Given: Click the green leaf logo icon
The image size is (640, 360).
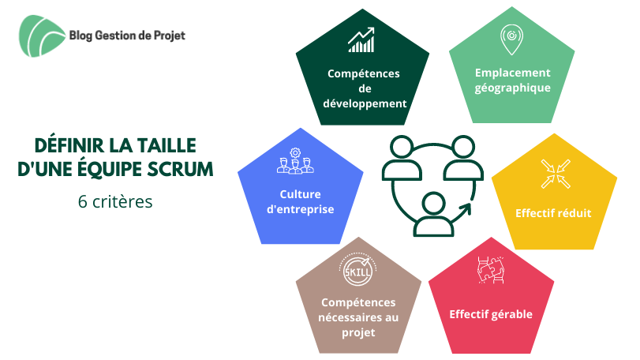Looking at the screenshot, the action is click(x=42, y=36).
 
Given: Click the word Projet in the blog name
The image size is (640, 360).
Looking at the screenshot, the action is click(x=170, y=36).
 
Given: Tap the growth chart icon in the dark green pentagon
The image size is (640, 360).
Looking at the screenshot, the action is click(x=361, y=40).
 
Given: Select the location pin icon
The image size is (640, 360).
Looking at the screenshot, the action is click(x=511, y=39).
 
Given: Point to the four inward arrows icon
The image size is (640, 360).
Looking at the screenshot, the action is click(x=556, y=174).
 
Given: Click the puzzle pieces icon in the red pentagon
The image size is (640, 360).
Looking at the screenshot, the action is click(x=491, y=269).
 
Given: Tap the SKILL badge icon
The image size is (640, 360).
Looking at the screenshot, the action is click(x=357, y=269).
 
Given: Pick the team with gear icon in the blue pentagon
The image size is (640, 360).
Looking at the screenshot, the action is click(x=295, y=161).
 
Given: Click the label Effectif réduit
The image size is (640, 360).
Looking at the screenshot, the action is click(x=553, y=213).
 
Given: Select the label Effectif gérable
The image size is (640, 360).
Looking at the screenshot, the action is click(x=491, y=314).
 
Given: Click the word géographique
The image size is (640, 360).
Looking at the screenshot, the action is click(x=512, y=88).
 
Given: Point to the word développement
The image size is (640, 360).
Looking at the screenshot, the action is click(x=365, y=103).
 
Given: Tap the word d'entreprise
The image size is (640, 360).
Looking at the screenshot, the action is click(x=301, y=209).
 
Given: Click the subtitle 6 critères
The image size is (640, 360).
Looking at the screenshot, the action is click(x=115, y=201).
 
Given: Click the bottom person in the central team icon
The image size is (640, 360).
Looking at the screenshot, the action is click(x=433, y=215).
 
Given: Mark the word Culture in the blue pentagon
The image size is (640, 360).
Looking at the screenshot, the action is click(x=300, y=194).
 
